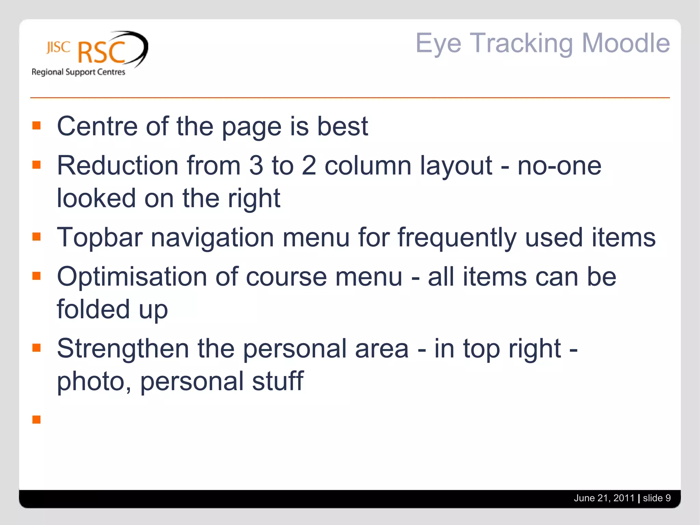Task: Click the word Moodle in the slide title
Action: (x=625, y=43)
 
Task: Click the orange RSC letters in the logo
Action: (x=102, y=53)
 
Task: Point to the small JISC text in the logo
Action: (x=58, y=48)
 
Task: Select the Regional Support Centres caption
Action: (x=78, y=72)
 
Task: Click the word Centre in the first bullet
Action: (x=97, y=126)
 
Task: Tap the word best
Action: (x=342, y=126)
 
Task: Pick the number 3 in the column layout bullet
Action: (x=256, y=166)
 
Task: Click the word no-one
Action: (x=559, y=166)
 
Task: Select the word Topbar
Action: (x=99, y=238)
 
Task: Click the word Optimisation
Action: (x=132, y=277)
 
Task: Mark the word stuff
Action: (x=278, y=381)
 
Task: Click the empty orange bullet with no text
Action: (x=37, y=419)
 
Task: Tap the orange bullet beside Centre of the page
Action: (x=37, y=125)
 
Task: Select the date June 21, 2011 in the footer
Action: (x=604, y=498)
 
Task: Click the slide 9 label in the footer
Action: (x=657, y=498)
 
